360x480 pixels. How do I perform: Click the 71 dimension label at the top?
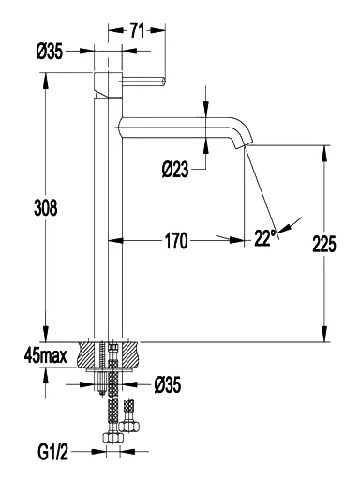click(137, 31)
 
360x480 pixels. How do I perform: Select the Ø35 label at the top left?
click(50, 52)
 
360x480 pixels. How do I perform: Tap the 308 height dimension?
click(46, 207)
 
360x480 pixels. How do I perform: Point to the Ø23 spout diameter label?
click(175, 170)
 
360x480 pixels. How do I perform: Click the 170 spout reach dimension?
click(176, 241)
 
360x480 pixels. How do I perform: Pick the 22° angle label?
click(265, 238)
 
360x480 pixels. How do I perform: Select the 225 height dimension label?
click(324, 244)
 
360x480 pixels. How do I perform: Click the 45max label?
click(46, 356)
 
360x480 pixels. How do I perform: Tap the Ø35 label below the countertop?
click(168, 384)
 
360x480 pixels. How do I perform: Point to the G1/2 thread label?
click(53, 452)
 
